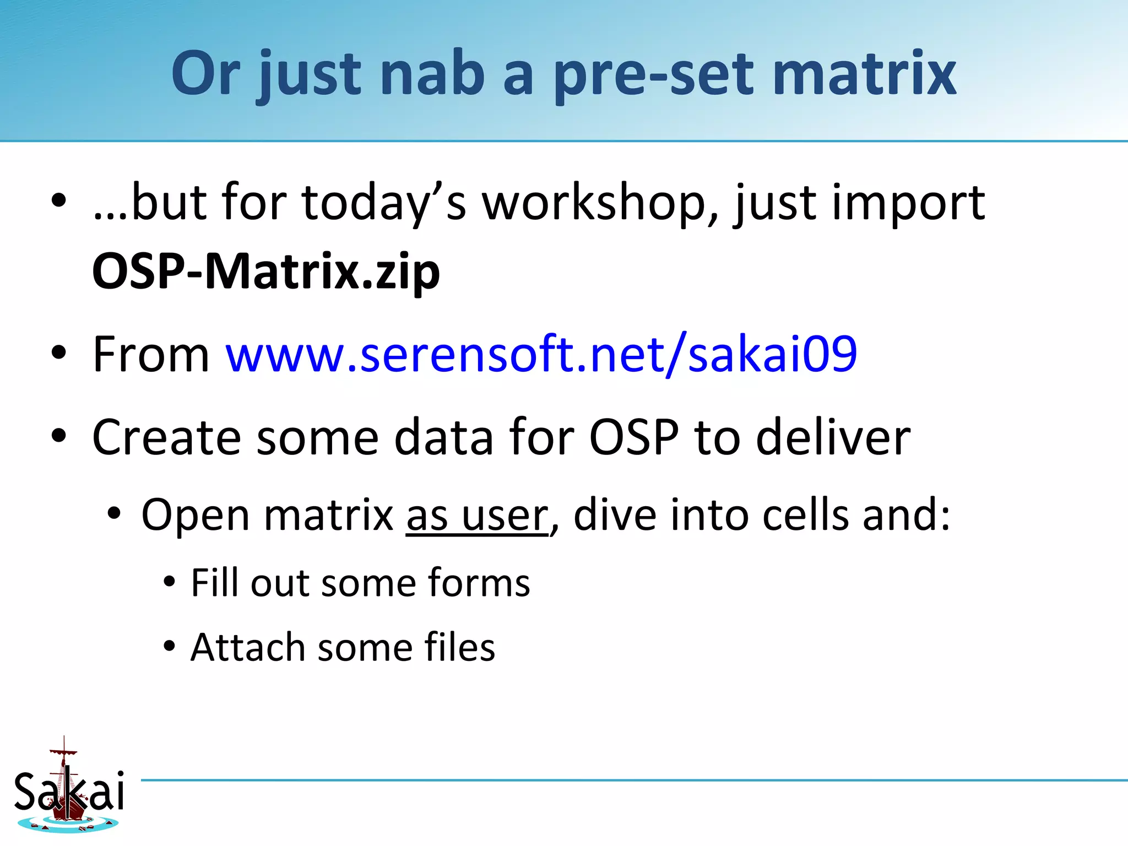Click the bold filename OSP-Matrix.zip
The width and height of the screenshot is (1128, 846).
point(266,272)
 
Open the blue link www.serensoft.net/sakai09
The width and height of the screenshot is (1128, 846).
point(541,354)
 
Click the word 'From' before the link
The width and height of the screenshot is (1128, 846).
point(150,354)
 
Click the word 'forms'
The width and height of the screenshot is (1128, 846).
point(478,583)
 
